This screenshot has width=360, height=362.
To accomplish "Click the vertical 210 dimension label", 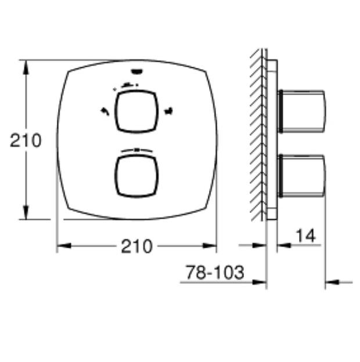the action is [26, 140].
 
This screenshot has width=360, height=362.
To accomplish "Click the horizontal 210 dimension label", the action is [137, 246].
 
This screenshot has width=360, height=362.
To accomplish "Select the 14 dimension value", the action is [305, 236].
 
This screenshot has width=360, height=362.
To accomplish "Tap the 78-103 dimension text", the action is [215, 273].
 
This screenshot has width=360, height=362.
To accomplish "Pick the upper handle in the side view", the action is [302, 112].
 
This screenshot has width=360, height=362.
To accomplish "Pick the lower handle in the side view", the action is [302, 176].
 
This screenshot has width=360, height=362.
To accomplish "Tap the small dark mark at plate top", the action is [137, 71].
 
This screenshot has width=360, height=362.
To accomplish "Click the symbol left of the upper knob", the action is [105, 111].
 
